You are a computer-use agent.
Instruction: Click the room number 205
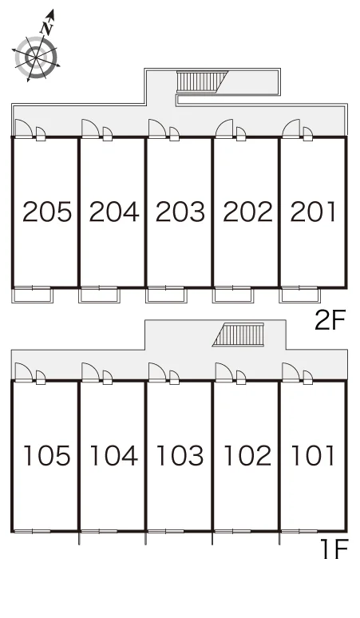tap(47, 212)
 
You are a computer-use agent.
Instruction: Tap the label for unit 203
tap(180, 212)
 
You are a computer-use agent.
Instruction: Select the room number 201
tap(314, 212)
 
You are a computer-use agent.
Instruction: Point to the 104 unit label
tap(114, 456)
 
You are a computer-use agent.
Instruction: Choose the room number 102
tap(247, 456)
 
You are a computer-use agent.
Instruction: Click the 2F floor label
tap(330, 319)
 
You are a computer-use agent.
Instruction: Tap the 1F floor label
tap(334, 549)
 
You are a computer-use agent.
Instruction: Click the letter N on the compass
tap(47, 28)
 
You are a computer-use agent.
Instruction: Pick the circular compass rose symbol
tap(36, 58)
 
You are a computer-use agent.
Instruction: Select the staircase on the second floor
tap(202, 81)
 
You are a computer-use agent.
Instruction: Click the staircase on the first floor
tap(239, 335)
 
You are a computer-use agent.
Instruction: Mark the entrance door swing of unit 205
tap(24, 129)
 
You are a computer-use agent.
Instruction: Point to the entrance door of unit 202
tap(224, 129)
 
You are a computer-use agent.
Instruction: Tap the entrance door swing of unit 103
tap(157, 372)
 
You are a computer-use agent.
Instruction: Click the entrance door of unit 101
tap(291, 372)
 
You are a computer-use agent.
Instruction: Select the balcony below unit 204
tap(99, 295)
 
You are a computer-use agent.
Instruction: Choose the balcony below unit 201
tap(299, 295)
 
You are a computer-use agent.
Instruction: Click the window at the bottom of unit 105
tap(32, 531)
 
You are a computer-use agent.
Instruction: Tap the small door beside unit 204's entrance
tap(108, 134)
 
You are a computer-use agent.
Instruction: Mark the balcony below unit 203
tap(166, 295)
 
